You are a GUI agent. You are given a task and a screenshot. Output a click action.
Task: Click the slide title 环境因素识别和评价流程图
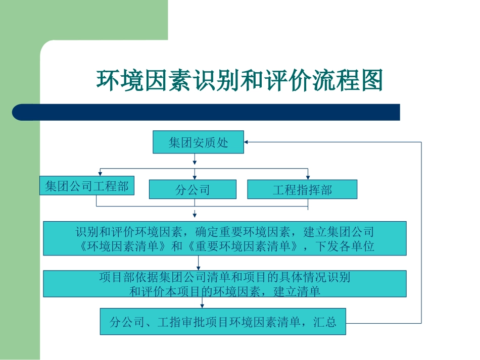click(x=239, y=80)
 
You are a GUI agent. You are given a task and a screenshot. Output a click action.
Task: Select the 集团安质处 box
click(x=198, y=142)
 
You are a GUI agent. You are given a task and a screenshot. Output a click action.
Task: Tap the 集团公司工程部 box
click(x=87, y=186)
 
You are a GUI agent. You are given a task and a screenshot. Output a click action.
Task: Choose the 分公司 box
click(x=193, y=190)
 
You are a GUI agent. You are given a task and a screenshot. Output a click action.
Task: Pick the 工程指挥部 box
click(x=302, y=190)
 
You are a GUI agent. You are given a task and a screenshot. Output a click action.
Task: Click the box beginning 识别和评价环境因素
click(x=224, y=239)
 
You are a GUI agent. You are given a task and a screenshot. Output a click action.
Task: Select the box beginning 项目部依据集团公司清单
click(x=224, y=284)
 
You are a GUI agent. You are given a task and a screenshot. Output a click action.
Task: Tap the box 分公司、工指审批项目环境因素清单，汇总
click(x=223, y=322)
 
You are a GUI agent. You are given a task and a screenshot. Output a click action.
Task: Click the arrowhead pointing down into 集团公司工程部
click(x=100, y=173)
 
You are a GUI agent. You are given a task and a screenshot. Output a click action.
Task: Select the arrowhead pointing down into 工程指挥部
click(x=308, y=177)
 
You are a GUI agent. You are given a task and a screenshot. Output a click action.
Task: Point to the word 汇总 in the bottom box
click(x=324, y=322)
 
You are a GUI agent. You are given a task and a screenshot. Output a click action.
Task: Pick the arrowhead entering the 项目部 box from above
click(x=198, y=268)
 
